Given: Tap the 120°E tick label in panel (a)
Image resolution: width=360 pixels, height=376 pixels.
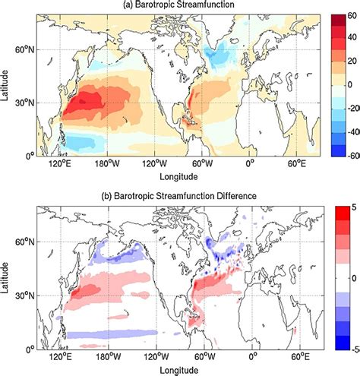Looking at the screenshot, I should tap(59, 164).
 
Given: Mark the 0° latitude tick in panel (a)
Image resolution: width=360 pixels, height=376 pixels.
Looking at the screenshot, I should tap(29, 155).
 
